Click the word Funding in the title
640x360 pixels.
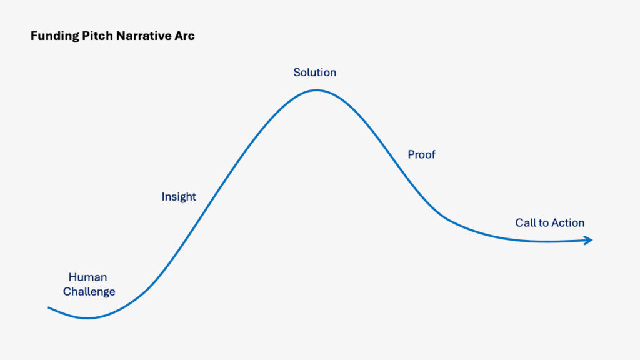(55, 36)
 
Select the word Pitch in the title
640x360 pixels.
(97, 36)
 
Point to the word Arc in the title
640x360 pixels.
(184, 36)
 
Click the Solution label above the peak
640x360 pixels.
(315, 72)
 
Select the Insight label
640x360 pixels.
(179, 197)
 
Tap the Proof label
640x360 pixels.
(422, 154)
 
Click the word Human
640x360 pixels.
(87, 277)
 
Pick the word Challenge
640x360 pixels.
(89, 292)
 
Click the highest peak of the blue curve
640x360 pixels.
(317, 91)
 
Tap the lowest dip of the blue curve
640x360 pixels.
(87, 318)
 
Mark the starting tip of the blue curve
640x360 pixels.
(49, 307)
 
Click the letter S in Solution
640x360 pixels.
(297, 72)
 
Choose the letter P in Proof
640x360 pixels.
(411, 154)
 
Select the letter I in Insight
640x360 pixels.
(163, 197)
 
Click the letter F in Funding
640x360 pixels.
(34, 36)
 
